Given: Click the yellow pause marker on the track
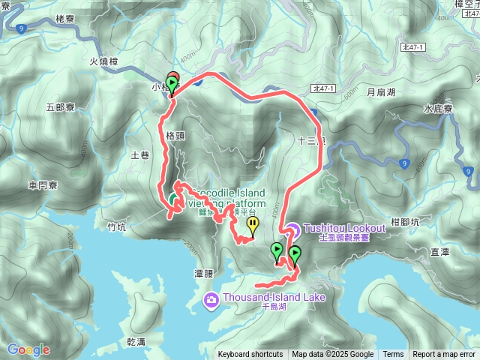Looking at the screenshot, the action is [x=253, y=223].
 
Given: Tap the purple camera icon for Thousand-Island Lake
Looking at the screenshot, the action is [x=211, y=300].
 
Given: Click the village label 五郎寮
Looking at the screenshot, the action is [x=60, y=107].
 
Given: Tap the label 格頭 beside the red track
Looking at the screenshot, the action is [x=175, y=136].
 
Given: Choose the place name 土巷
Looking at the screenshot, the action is [x=140, y=155].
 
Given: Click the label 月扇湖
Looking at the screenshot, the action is [x=380, y=94].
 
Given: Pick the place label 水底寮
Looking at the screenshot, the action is [x=437, y=108].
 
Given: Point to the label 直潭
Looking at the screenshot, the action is [x=439, y=253].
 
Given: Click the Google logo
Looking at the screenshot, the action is [x=28, y=349].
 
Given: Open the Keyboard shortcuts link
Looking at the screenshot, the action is [x=250, y=355].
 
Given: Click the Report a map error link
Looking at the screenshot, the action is [x=445, y=355].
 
